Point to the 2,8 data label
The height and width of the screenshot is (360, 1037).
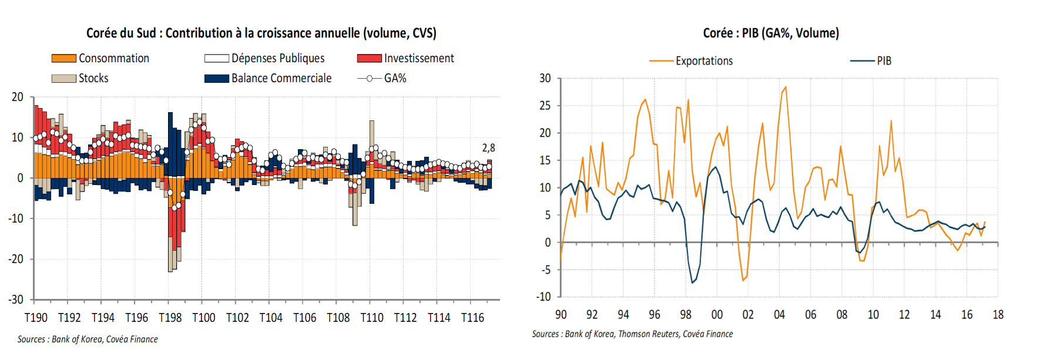(488, 148)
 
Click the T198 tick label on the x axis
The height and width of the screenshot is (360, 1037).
(170, 318)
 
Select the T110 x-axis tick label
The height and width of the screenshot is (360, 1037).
(372, 318)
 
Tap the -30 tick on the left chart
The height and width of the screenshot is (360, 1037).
(16, 300)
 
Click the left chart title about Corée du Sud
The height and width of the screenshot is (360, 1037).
(261, 33)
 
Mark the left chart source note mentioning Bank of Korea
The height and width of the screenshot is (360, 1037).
(88, 339)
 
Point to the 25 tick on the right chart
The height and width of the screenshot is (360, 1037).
(545, 106)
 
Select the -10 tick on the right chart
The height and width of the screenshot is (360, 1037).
(543, 297)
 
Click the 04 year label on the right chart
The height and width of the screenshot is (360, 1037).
(779, 315)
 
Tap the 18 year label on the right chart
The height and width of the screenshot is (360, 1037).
(998, 315)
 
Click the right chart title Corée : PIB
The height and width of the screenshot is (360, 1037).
(771, 33)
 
